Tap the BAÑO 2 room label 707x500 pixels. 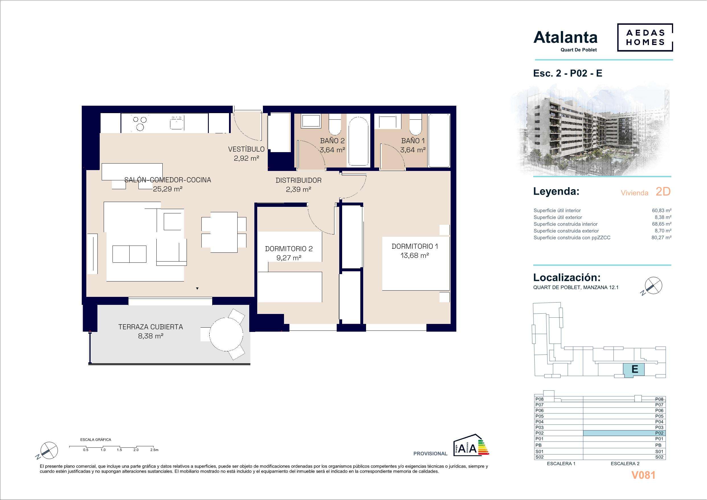[x=332, y=141]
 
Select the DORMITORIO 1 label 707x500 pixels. [x=415, y=246]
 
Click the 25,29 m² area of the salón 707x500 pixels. [x=168, y=189]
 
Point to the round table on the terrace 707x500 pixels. [x=226, y=334]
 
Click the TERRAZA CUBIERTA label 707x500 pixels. [x=151, y=327]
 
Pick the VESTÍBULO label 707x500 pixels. [x=246, y=149]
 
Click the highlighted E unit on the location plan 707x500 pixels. [x=634, y=369]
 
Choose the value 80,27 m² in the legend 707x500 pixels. [x=661, y=238]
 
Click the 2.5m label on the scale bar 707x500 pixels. [x=154, y=450]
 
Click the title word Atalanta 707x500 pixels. [x=565, y=38]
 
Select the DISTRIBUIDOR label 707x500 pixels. [x=298, y=180]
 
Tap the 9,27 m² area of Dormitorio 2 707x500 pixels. [x=289, y=258]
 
